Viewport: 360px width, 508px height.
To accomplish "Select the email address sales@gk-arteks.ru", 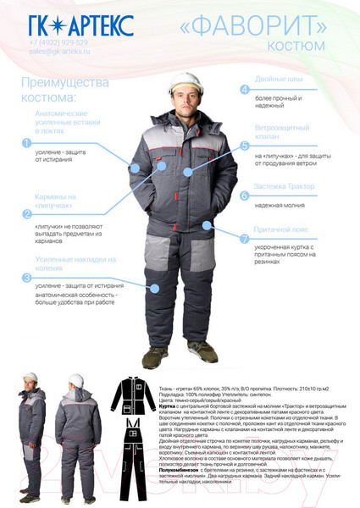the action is click(59, 52).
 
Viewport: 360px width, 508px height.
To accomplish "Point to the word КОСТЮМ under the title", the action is click(313, 45).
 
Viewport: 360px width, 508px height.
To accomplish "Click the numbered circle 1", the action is click(27, 143).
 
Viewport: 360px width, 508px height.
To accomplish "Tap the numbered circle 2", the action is click(27, 213).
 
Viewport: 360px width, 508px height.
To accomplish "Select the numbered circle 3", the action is click(27, 277).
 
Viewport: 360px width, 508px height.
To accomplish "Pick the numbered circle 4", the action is click(245, 89).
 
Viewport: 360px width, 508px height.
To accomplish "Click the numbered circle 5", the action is click(245, 145).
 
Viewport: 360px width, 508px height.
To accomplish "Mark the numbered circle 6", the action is click(245, 195).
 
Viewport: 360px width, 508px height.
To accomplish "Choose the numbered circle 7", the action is click(245, 239).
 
